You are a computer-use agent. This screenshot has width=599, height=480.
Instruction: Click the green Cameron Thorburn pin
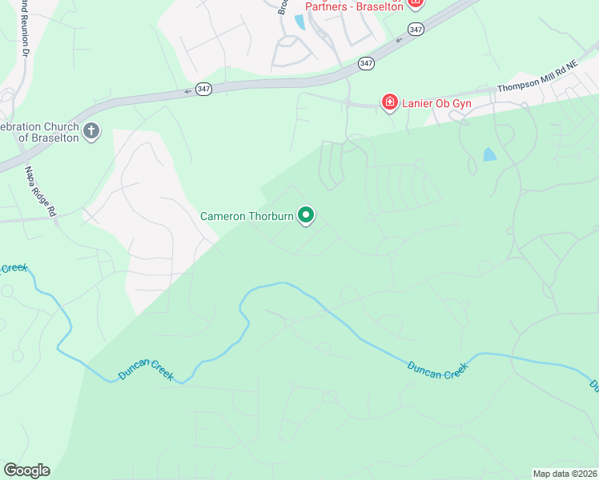coord(306,215)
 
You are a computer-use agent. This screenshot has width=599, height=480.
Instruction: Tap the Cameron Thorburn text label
coord(247,217)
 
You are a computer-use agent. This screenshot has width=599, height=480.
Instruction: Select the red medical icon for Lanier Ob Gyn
coord(389,102)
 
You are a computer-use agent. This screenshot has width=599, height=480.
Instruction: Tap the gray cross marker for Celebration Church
coord(92,131)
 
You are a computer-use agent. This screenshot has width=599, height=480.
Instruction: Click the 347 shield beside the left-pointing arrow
coord(204,90)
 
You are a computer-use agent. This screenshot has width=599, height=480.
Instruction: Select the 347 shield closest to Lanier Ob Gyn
coord(366,63)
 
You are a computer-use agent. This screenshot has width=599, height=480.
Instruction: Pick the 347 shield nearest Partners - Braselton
coord(415,29)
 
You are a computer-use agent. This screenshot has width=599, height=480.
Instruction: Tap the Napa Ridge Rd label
coord(39,191)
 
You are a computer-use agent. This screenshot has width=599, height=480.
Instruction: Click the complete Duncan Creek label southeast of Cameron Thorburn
coord(437,370)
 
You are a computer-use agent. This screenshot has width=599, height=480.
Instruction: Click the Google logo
coord(26,470)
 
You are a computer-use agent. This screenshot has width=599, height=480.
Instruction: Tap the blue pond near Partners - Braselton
coord(299,22)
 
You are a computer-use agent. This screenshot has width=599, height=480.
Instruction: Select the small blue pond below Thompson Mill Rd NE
coord(489,154)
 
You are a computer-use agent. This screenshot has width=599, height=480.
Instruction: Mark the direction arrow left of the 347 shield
coord(187,91)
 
